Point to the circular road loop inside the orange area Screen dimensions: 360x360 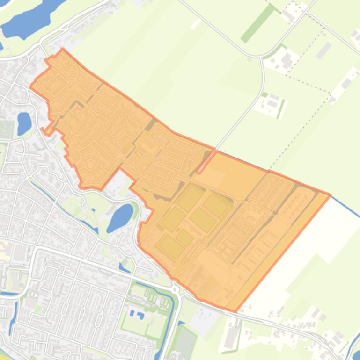point(90,165)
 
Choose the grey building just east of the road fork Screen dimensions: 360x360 point(287,59)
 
